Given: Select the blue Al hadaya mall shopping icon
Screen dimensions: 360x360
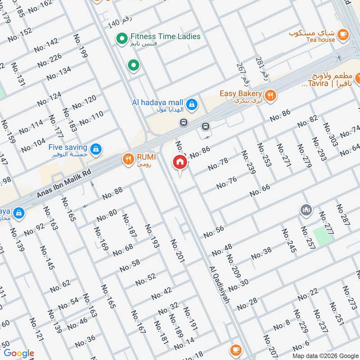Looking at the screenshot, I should click(192, 104).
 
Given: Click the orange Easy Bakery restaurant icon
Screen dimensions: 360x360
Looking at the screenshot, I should click(270, 95).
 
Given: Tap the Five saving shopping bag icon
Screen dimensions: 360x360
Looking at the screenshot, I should click(95, 148).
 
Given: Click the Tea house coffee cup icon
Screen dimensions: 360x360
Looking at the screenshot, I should click(342, 34).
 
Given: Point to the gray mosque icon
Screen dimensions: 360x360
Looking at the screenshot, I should click(306, 210).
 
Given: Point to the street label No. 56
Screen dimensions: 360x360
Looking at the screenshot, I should click(214, 232).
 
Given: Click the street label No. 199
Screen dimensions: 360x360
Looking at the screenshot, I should click(81, 46).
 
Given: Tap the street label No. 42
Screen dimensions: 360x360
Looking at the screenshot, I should click(162, 294).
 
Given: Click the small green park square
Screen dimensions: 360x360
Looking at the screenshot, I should click(322, 236).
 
